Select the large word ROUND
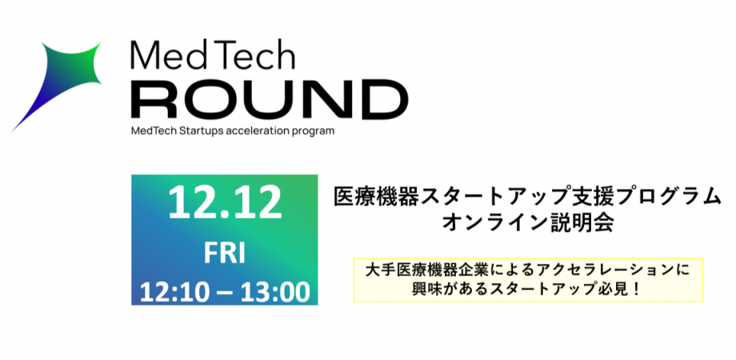(x=270, y=99)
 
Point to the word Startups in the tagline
(x=202, y=131)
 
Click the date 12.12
(x=226, y=202)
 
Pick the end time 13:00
(x=275, y=291)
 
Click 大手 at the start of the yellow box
(x=381, y=272)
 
